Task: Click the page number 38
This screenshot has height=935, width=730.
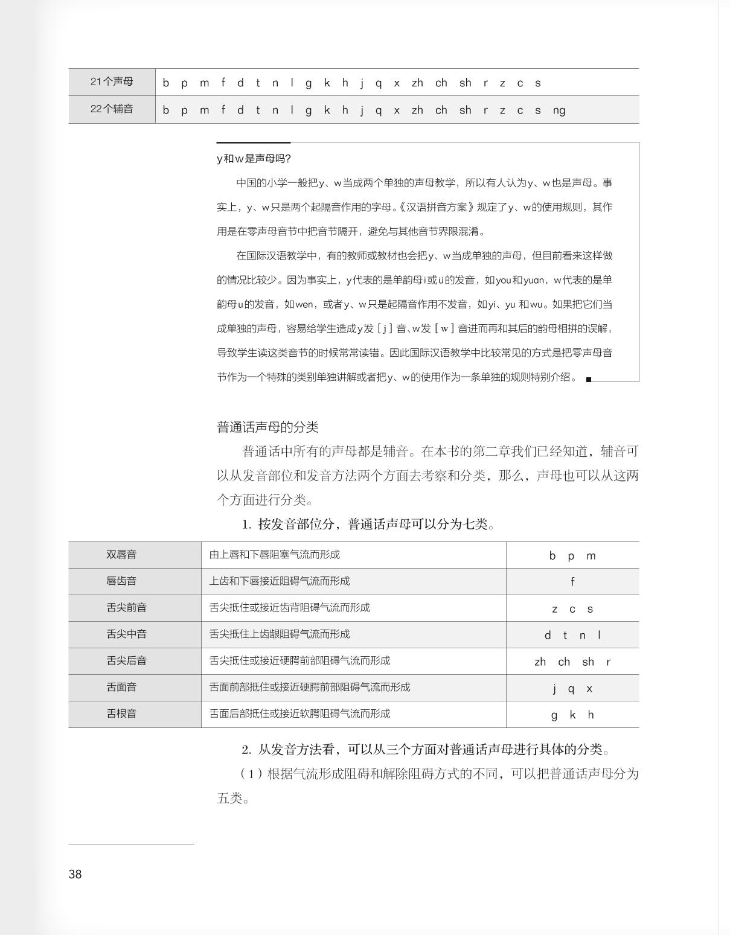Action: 75,874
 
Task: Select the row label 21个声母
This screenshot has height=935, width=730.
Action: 112,81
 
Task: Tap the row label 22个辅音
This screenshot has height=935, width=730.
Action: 112,109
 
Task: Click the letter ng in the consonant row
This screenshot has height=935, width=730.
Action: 559,110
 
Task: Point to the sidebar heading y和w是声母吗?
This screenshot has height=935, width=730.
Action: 254,159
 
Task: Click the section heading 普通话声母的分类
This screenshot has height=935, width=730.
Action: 267,427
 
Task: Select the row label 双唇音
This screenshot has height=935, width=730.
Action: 121,554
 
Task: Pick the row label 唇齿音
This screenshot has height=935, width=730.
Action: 121,581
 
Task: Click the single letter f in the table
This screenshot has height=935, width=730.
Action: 572,582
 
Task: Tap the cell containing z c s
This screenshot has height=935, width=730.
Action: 572,609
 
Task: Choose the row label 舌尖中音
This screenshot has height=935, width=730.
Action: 126,634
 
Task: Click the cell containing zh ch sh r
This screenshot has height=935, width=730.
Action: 572,662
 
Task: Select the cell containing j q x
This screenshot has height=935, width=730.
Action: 572,689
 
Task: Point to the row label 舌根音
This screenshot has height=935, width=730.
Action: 121,713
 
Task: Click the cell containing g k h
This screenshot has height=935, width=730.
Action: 572,715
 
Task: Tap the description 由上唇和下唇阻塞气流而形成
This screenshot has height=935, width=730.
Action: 275,554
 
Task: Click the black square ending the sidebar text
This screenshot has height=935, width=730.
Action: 589,380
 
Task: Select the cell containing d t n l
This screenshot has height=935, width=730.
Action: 572,636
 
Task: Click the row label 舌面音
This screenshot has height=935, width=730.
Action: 121,687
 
